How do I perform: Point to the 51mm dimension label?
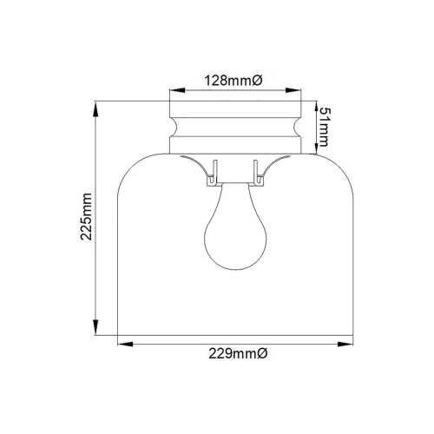click(323, 128)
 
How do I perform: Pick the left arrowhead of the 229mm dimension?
click(122, 345)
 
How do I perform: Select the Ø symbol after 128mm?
click(257, 80)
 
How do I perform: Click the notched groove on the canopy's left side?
click(174, 126)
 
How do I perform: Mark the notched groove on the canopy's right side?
click(294, 126)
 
